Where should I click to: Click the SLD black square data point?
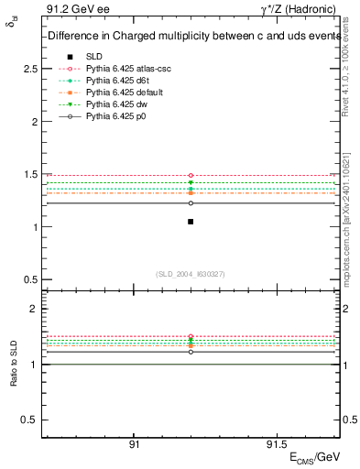point(191,222)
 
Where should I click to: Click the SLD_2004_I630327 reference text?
point(191,273)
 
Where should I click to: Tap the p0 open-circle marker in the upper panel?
point(191,203)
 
